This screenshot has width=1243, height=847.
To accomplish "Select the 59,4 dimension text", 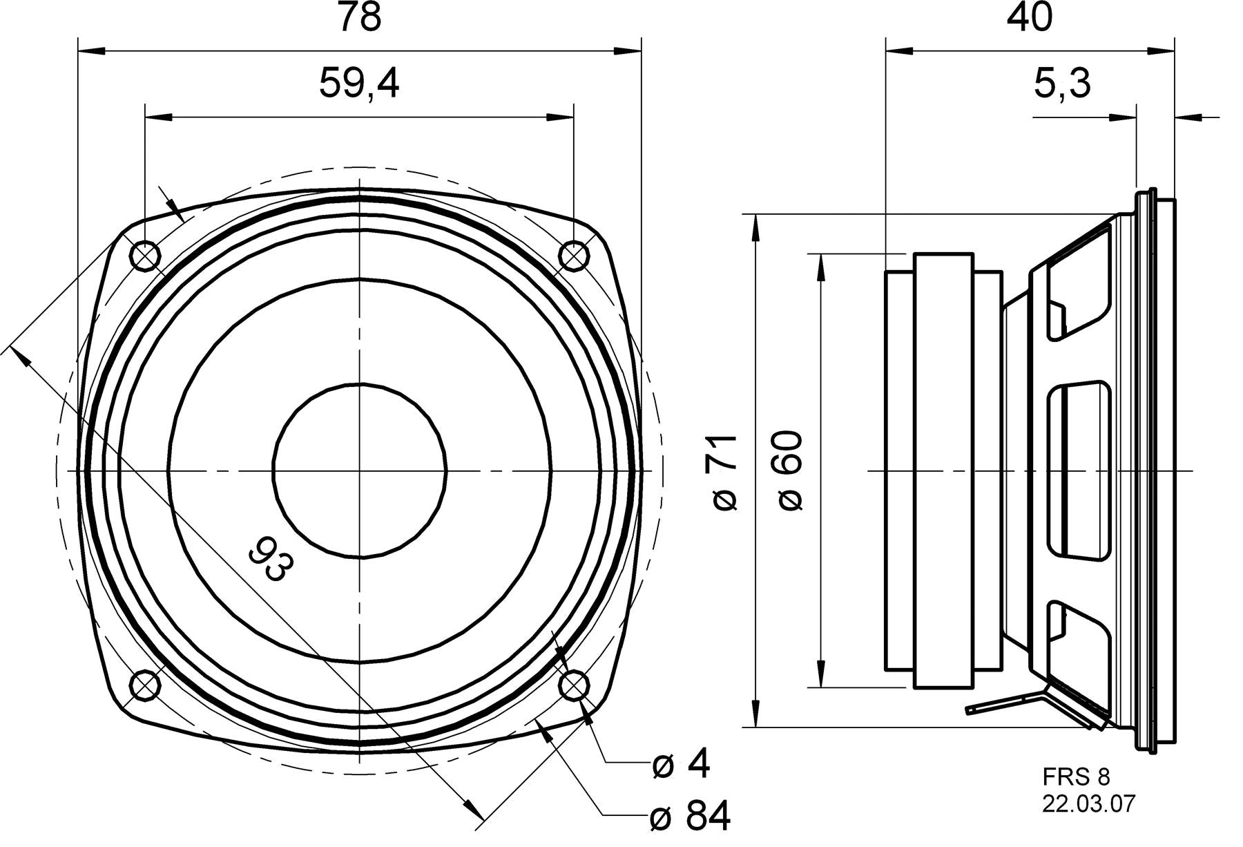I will [359, 84].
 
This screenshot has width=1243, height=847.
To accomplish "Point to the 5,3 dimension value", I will [1062, 84].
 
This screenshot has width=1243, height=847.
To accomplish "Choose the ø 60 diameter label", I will [791, 472].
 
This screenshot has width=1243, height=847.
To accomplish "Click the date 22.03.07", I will [1088, 804].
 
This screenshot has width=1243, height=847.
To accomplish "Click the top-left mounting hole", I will [145, 257].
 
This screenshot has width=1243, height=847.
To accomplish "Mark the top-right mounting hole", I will [573, 257].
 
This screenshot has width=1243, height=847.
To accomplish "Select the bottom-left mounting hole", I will [145, 685].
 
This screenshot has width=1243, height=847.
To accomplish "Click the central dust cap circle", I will [360, 471].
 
